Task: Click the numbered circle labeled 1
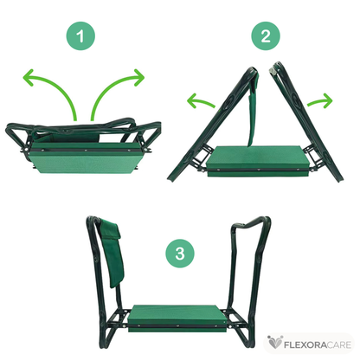[80, 36]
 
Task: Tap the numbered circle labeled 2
[266, 35]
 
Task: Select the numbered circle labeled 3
[180, 254]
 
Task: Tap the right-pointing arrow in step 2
[321, 100]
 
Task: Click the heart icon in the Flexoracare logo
[274, 343]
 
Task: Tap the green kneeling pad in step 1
[84, 158]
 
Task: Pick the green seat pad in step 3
[177, 318]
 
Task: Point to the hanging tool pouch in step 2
[253, 110]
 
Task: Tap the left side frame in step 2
[212, 124]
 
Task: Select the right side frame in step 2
[305, 121]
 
